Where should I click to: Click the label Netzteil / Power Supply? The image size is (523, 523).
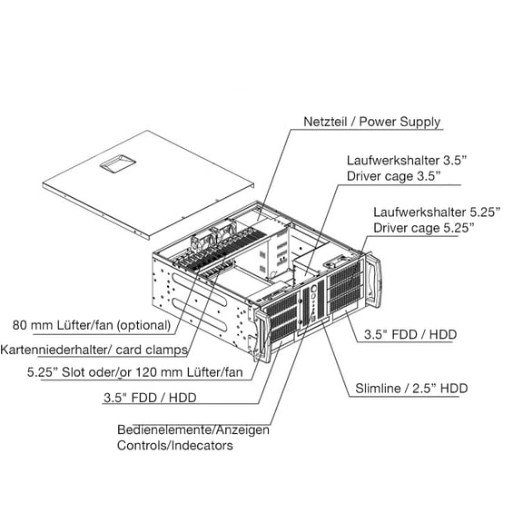[371, 122]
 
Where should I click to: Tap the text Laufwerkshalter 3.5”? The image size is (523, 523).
[406, 161]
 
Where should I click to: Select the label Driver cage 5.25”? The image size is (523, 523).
[424, 228]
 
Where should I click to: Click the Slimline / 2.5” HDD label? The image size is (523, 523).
[411, 389]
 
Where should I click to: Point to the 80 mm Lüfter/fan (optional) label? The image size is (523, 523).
[92, 325]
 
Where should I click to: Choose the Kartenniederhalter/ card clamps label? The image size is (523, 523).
[94, 350]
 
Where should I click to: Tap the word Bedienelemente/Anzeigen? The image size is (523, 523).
[193, 429]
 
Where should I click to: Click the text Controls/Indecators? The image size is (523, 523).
[174, 445]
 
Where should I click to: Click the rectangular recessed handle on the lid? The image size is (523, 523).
[117, 163]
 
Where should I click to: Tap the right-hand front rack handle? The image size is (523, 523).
[373, 281]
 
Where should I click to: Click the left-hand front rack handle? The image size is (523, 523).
[262, 336]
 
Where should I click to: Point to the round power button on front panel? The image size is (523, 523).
[313, 289]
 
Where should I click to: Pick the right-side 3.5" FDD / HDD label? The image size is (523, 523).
[410, 334]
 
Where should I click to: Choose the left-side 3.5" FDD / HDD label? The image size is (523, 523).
[150, 398]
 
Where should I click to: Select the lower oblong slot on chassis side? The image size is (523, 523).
[199, 315]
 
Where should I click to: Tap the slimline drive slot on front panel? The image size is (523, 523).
[313, 328]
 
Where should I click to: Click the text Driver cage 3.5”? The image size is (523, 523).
[393, 176]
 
